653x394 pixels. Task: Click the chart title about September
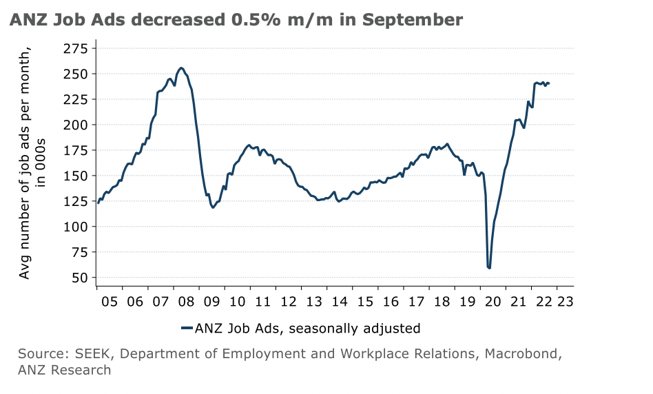236,20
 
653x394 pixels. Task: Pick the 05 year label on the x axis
110,301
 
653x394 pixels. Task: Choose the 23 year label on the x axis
566,301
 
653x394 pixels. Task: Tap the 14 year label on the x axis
338,301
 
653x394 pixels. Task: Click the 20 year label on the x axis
490,301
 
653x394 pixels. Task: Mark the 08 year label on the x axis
186,301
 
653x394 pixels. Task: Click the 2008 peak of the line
181,68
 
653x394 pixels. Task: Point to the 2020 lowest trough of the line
489,268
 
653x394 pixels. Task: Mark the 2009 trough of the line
213,207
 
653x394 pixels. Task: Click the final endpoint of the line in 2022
549,83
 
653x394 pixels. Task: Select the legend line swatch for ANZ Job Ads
187,329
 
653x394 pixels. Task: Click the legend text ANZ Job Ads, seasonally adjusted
307,329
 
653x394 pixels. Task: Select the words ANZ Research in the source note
64,371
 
